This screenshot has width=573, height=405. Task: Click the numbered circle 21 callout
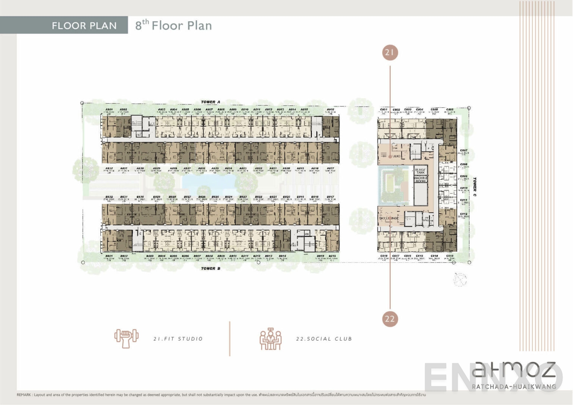(x=390, y=53)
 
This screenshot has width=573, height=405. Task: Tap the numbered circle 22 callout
(x=390, y=319)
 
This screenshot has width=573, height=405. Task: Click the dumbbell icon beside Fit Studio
(x=126, y=339)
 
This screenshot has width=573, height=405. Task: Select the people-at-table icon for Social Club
(x=270, y=339)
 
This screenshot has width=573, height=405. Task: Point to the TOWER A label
(x=211, y=102)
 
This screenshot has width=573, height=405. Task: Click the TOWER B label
(x=211, y=269)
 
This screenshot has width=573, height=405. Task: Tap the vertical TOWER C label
(x=475, y=187)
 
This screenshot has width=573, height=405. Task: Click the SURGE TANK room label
(x=420, y=171)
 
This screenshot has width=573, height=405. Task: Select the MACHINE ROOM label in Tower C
(x=420, y=179)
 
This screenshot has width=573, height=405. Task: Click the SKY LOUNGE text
(x=389, y=218)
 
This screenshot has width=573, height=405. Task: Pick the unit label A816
(x=331, y=110)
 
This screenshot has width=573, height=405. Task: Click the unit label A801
(x=109, y=110)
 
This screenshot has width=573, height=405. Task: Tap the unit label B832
(x=109, y=197)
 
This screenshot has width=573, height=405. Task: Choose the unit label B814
(x=282, y=256)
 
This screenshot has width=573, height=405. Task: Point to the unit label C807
(x=464, y=151)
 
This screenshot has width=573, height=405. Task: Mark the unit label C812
(x=464, y=214)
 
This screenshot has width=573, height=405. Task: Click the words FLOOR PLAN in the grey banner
(x=84, y=26)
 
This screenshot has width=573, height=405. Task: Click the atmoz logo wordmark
(x=514, y=371)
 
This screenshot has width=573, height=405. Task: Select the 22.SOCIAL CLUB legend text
(x=324, y=339)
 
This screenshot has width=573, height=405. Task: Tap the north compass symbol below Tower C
(x=460, y=279)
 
